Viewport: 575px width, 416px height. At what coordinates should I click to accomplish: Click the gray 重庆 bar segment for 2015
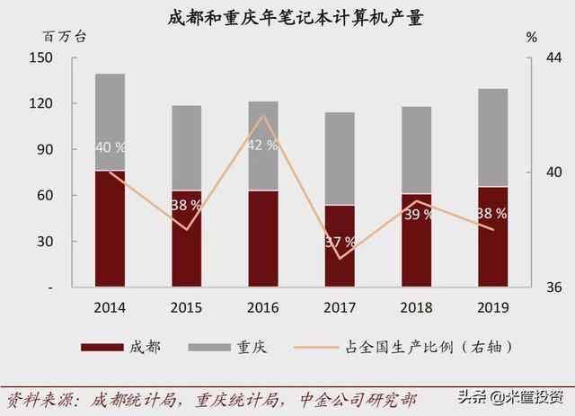point(186,147)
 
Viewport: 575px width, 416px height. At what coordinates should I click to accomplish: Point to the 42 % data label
point(261,145)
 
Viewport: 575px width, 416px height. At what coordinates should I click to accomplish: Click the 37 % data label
point(340,243)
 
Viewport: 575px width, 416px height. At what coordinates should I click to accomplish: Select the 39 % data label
point(416,215)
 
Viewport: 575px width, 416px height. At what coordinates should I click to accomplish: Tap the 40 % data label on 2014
point(110,147)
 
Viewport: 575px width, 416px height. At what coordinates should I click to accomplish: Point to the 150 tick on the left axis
point(43,58)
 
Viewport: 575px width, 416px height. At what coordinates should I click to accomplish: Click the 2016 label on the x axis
point(263,307)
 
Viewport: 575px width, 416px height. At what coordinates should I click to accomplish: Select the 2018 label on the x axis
point(416,307)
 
